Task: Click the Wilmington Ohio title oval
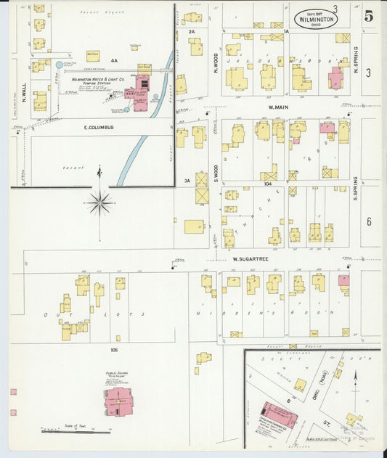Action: tap(316, 18)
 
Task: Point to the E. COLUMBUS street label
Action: tap(97, 126)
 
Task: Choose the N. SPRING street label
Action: tap(356, 69)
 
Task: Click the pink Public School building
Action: tap(117, 401)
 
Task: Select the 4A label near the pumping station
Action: tap(114, 61)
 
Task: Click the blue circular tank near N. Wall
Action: tap(60, 65)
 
